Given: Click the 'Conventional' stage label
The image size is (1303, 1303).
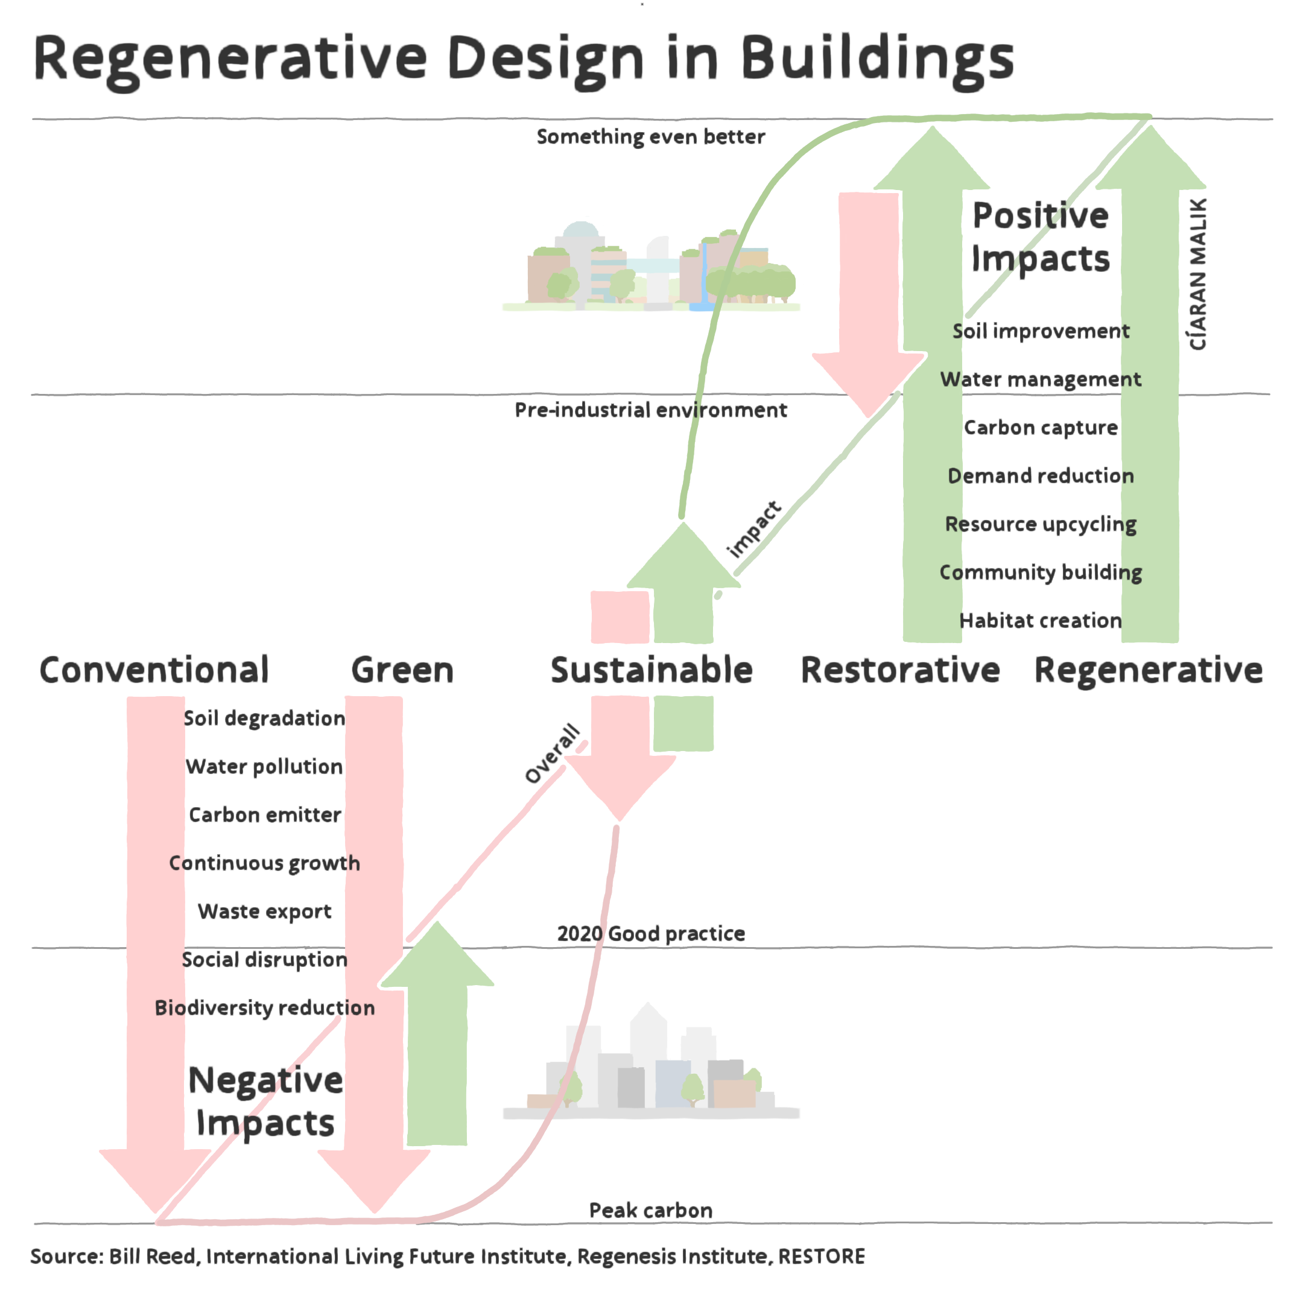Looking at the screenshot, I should coord(154,670).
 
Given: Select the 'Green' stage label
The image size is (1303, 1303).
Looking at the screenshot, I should coord(402,670).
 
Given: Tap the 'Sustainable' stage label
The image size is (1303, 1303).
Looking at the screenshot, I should coord(651,670).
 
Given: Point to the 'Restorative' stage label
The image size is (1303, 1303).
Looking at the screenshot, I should coord(899,670).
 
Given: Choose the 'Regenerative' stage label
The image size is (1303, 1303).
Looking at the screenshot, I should coord(1148,670).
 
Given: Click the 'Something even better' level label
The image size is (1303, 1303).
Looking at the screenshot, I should coord(650,137).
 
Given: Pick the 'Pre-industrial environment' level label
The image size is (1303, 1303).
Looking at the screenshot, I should coord(650,410).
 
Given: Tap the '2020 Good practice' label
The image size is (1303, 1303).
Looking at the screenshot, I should coord(650,933).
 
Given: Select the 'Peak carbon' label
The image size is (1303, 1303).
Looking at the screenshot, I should coord(650,1210).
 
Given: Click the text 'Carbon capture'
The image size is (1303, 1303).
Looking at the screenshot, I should coord(1040,428).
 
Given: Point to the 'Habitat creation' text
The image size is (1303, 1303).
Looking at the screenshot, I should coord(1040,621).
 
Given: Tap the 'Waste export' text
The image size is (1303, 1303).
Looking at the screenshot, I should coord(264,911).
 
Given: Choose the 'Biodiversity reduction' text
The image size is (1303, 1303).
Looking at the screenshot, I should coord(264,1007).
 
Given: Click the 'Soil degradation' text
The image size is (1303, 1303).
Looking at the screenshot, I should coord(264,718).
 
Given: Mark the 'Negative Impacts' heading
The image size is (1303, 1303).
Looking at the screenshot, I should coord(265,1102).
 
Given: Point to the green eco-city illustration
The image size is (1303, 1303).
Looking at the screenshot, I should coord(650,270).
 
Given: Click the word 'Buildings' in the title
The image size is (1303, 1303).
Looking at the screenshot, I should coord(877,59).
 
